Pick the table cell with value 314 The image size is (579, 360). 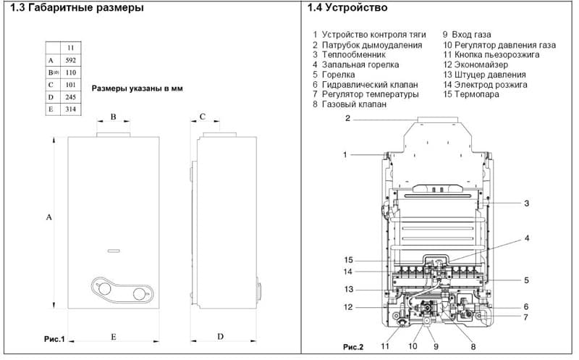(x=71, y=109)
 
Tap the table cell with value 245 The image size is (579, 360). (x=71, y=97)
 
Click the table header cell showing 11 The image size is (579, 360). (x=71, y=48)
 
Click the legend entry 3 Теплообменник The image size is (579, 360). (x=349, y=54)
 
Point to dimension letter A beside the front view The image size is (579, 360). (x=48, y=217)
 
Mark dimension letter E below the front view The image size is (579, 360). (x=114, y=337)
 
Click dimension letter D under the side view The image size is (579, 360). (x=221, y=337)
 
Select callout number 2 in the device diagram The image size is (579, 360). (x=347, y=118)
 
